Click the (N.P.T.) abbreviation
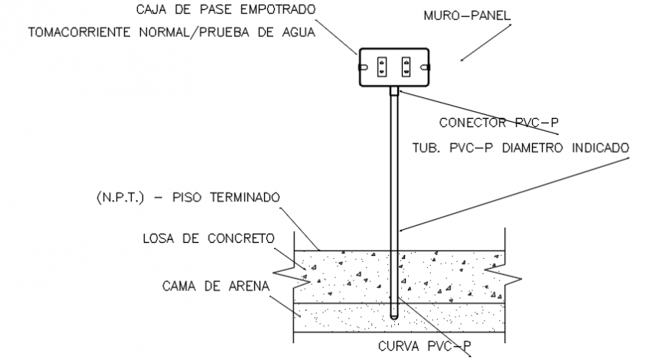click(119, 198)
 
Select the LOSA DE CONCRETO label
click(208, 238)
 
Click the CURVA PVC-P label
click(424, 346)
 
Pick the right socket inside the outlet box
click(406, 66)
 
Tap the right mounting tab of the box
click(427, 67)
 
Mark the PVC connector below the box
click(394, 93)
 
